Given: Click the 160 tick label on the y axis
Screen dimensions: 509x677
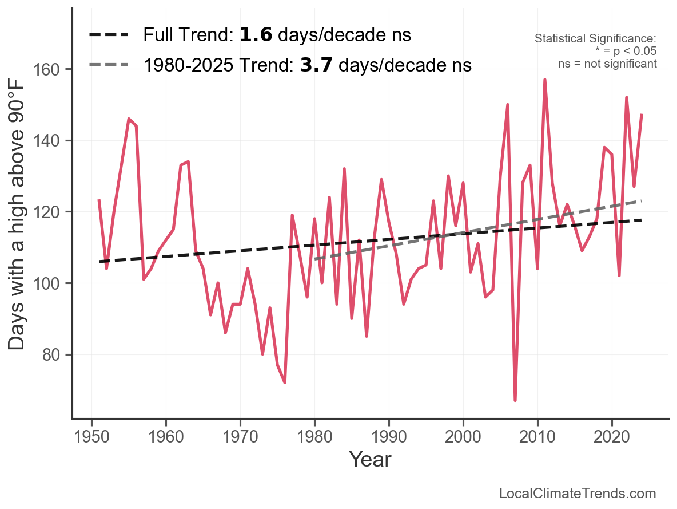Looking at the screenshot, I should click(52, 69).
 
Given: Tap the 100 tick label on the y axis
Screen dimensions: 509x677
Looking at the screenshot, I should click(52, 283).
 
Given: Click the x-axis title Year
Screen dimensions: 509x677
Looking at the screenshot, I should click(370, 459).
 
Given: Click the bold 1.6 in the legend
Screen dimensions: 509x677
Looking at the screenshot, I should click(256, 35).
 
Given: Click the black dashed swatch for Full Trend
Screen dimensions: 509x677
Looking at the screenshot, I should click(109, 35).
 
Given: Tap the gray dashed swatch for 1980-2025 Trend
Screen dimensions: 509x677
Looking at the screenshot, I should click(109, 65).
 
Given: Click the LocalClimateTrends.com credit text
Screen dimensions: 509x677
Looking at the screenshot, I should click(578, 494).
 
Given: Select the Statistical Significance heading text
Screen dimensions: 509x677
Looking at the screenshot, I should click(595, 39).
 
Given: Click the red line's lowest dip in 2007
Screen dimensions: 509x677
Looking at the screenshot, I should click(515, 400).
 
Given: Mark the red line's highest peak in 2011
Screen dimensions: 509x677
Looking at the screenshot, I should click(545, 80).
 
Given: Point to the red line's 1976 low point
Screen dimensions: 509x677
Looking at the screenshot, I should click(285, 382).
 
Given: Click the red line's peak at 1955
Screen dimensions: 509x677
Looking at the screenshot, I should click(129, 119).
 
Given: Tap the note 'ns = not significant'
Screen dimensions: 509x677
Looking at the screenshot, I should click(607, 64).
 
